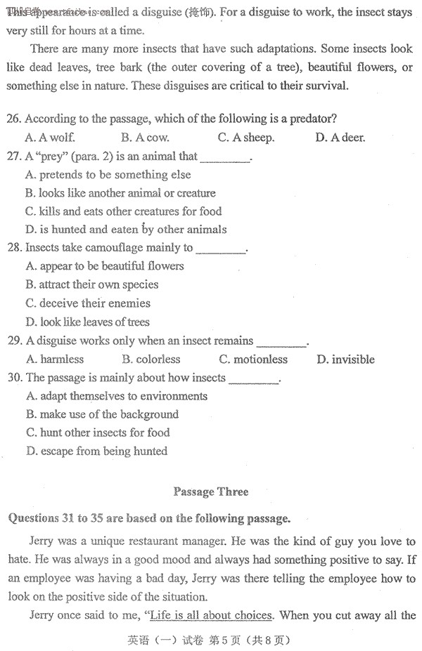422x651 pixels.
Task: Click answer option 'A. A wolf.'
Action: coord(50,138)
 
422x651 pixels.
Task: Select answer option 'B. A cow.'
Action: coord(146,138)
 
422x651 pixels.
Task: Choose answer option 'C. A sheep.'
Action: coord(246,138)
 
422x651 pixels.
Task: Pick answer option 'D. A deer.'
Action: coord(340,138)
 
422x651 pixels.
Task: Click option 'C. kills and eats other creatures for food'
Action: coord(123,211)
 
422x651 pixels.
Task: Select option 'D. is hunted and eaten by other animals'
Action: coord(126,230)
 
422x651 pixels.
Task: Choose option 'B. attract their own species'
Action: coord(91,285)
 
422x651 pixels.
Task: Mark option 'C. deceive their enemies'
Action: coord(88,303)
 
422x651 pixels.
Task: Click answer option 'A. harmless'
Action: coord(55,360)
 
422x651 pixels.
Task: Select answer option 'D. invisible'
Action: coord(345,360)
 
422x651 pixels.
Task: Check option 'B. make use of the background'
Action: coord(102,414)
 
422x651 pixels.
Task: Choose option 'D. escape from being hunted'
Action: coord(96,452)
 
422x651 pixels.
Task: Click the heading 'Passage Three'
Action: coord(210,492)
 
